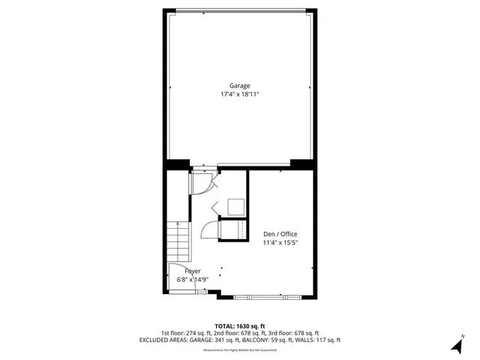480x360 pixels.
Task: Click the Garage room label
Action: [240, 85]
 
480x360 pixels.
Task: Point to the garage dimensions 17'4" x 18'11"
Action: [240, 95]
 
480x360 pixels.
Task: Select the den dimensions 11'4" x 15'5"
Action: [280, 243]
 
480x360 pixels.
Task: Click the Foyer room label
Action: [182, 270]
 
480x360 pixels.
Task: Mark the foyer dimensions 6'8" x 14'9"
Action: [191, 279]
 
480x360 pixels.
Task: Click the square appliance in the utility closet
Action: [235, 207]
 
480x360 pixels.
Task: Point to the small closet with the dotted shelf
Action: [234, 231]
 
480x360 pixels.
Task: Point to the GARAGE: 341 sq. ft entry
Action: [220, 340]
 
